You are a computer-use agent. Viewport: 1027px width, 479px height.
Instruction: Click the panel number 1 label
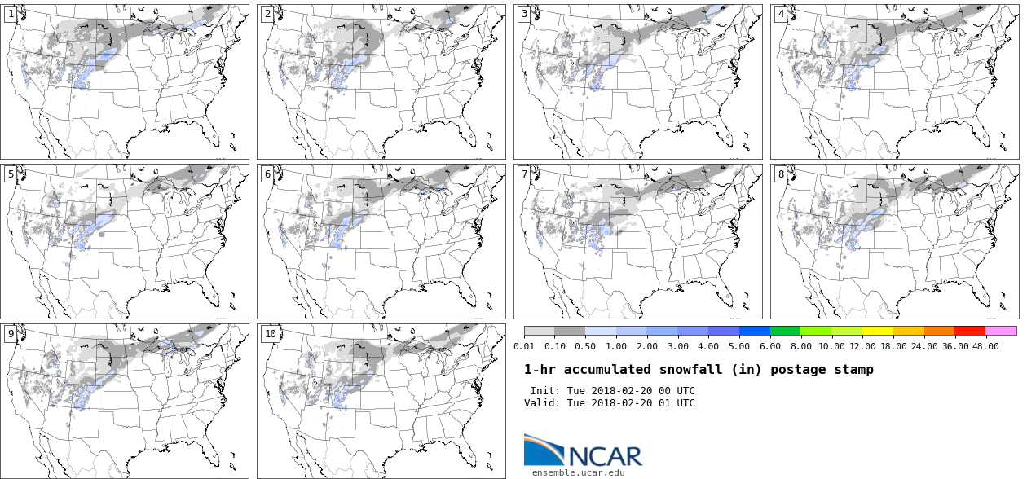pyautogui.click(x=11, y=14)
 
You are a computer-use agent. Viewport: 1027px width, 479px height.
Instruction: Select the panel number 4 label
pyautogui.click(x=781, y=14)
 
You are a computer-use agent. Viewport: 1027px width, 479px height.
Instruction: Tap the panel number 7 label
pyautogui.click(x=524, y=174)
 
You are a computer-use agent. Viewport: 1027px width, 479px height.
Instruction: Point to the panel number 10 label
pyautogui.click(x=270, y=333)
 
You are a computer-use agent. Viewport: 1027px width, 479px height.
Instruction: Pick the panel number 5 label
pyautogui.click(x=11, y=174)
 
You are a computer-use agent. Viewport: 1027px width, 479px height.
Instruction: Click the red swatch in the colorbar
pyautogui.click(x=970, y=331)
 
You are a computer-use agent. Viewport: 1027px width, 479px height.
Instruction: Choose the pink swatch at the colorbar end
pyautogui.click(x=1001, y=331)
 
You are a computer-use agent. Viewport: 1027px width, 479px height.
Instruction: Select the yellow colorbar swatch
pyautogui.click(x=878, y=331)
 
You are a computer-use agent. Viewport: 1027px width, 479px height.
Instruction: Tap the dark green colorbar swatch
pyautogui.click(x=785, y=331)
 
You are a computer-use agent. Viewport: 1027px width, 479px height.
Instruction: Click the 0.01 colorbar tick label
pyautogui.click(x=525, y=346)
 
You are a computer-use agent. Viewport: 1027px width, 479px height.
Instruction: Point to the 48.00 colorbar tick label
pyautogui.click(x=985, y=346)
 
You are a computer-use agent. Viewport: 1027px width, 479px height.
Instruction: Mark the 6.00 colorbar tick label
pyautogui.click(x=771, y=346)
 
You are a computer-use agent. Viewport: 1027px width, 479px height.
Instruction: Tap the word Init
pyautogui.click(x=544, y=391)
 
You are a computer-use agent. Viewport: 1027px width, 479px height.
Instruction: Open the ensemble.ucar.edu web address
pyautogui.click(x=579, y=472)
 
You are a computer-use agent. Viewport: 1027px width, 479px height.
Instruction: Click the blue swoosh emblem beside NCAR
pyautogui.click(x=543, y=450)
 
